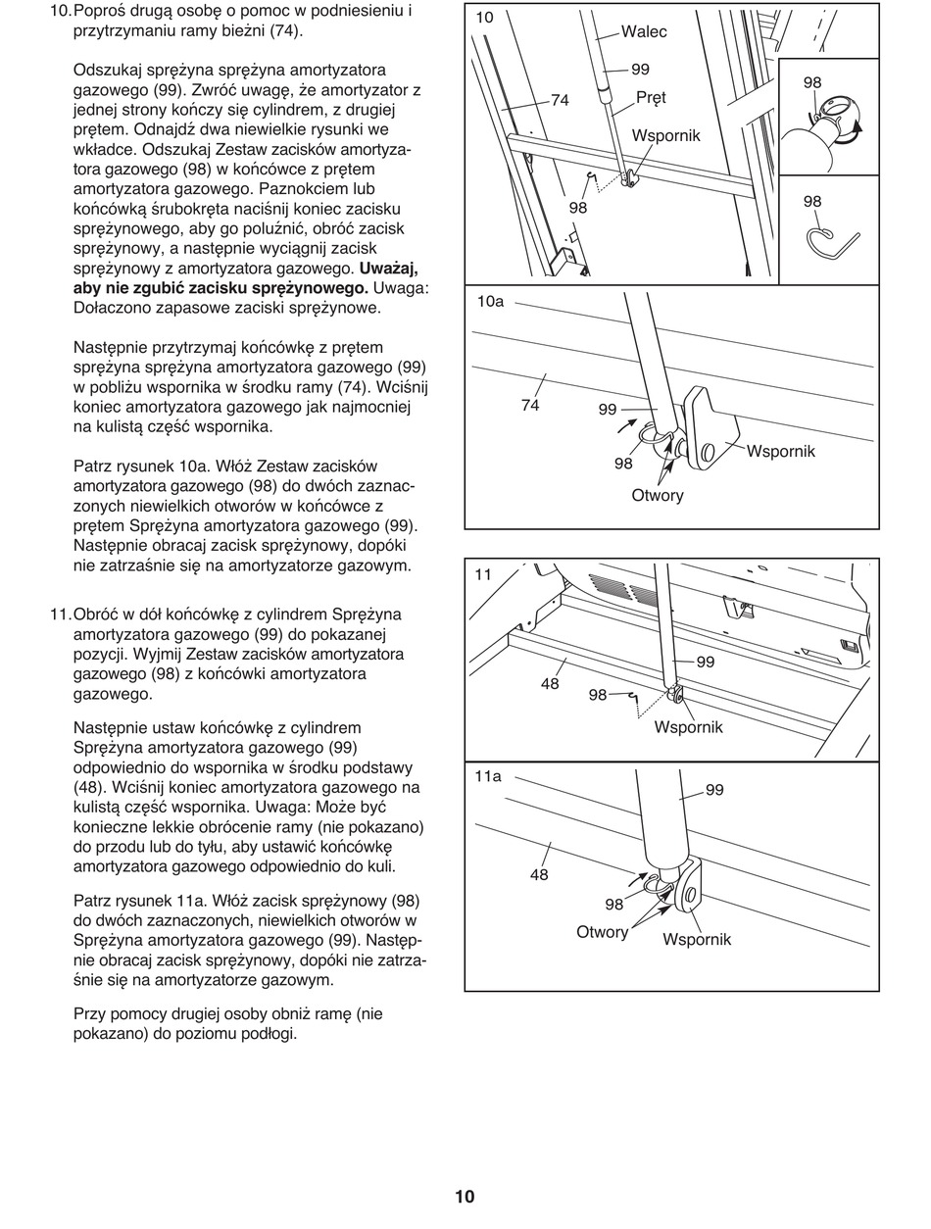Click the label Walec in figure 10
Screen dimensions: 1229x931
tap(644, 32)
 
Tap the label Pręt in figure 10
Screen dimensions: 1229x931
tap(651, 98)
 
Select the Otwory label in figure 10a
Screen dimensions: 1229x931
tap(658, 495)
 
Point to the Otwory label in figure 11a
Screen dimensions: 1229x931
tap(602, 931)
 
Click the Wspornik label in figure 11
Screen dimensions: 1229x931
tap(688, 726)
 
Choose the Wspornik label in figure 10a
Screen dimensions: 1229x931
tap(780, 451)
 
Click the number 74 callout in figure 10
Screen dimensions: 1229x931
tap(560, 100)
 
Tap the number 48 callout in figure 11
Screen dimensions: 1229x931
tap(550, 683)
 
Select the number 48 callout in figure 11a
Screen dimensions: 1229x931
tap(539, 874)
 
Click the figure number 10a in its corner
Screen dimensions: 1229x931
tap(490, 302)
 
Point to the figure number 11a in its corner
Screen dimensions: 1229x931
tap(488, 776)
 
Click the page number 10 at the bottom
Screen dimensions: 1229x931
tap(465, 1196)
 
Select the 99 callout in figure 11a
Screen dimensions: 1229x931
tap(714, 790)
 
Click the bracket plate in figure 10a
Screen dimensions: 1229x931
tap(712, 427)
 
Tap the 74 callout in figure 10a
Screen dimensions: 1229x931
tap(530, 404)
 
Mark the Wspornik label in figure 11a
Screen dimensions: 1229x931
tap(697, 939)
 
